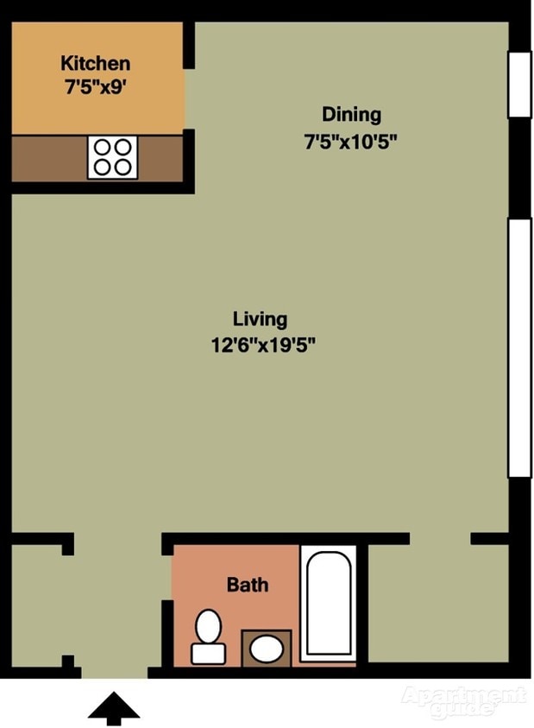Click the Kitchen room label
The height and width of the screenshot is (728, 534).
point(95,63)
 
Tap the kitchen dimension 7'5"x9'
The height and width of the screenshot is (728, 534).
point(96,87)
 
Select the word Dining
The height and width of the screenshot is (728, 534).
point(352,115)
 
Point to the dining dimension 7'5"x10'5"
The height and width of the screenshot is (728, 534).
point(351,141)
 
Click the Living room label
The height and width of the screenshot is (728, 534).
point(260,320)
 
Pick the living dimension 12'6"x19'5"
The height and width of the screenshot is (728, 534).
point(263,345)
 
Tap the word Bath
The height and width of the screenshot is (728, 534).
point(248,585)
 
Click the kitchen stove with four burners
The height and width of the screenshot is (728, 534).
point(112,157)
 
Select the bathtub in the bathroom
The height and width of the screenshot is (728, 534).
point(329,603)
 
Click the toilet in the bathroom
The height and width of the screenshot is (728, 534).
point(208,637)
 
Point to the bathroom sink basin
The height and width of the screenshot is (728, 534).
point(267,649)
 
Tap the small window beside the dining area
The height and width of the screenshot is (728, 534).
point(519,85)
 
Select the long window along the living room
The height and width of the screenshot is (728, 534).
point(519,348)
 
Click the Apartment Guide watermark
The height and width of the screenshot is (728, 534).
point(464,701)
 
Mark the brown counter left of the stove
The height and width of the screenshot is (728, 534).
point(50,159)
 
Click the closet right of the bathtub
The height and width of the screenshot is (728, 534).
point(438,603)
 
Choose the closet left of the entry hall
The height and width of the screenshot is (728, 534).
point(36,605)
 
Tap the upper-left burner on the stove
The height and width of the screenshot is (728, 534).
point(102,148)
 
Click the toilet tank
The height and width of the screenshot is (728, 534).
point(208,654)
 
